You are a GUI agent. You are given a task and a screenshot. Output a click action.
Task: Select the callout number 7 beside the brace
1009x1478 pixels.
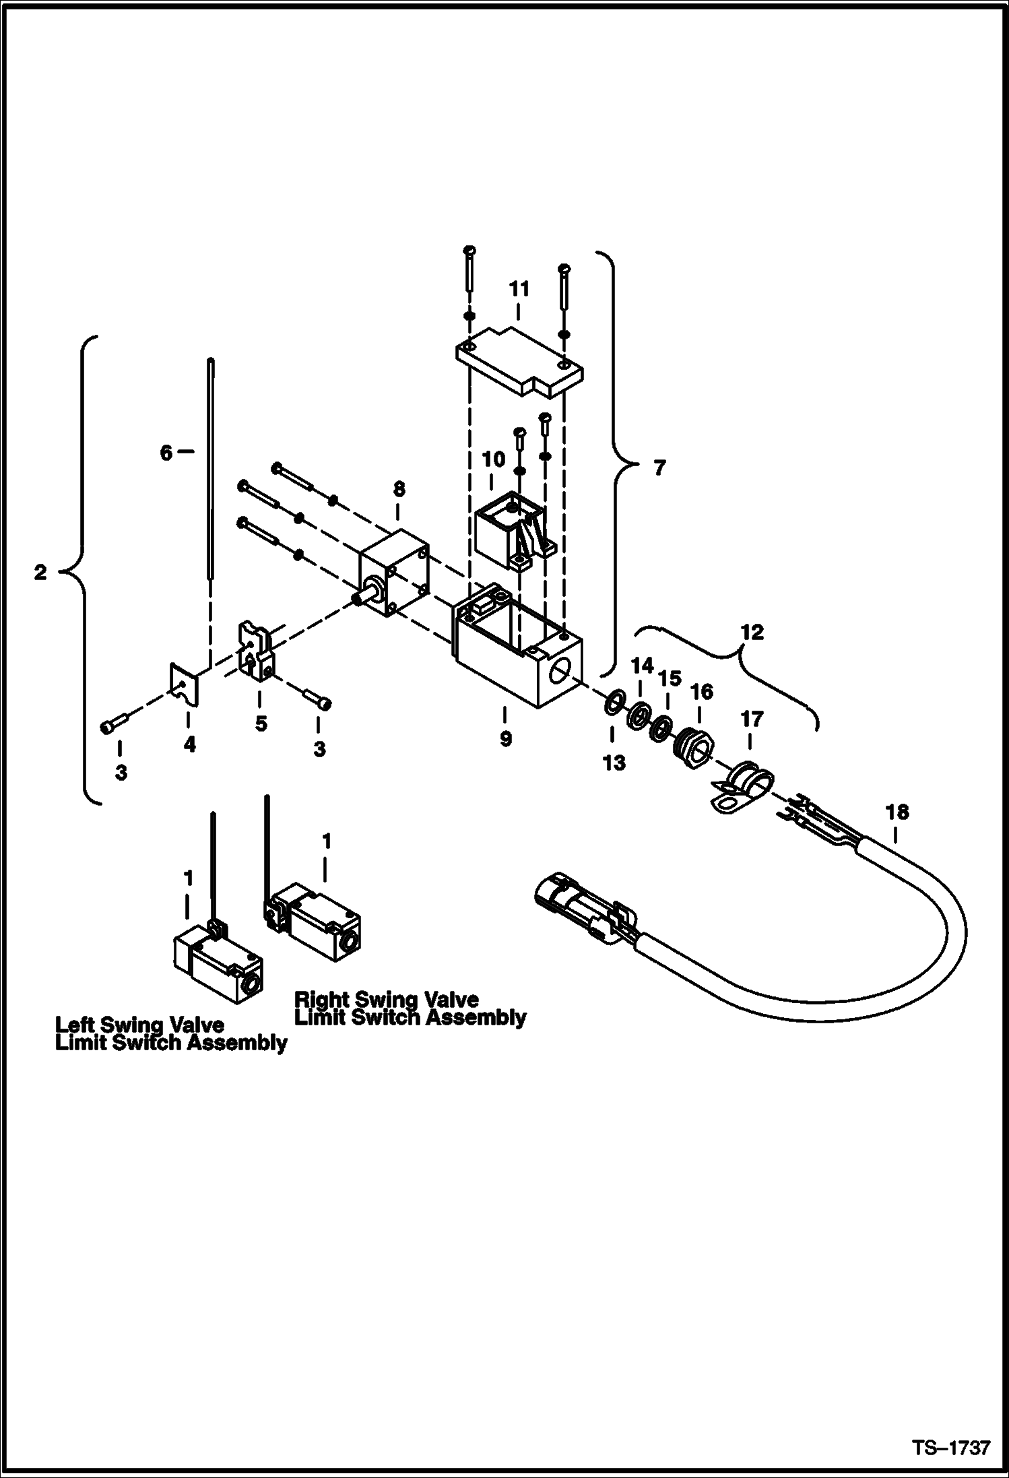click(659, 468)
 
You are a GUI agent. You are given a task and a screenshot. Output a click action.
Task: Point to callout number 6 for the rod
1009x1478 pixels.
click(166, 453)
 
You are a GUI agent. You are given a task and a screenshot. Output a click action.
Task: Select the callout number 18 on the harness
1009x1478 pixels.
click(897, 812)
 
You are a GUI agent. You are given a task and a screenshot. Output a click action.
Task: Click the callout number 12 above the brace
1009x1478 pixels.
click(752, 632)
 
